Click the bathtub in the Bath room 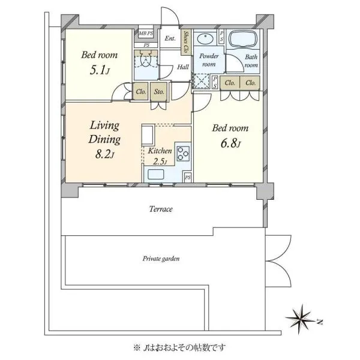point(243,39)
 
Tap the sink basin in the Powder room point(206,38)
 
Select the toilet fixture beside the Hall point(146,59)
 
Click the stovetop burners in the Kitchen point(183,154)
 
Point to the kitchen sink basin point(156,174)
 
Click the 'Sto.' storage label point(159,92)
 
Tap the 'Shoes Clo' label point(186,42)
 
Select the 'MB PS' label point(146,33)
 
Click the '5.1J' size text point(100,70)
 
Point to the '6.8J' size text point(230,143)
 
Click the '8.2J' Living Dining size point(104,154)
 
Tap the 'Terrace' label point(161,209)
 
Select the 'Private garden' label point(161,259)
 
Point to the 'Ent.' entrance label point(170,38)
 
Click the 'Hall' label point(183,67)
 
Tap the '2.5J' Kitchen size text point(160,162)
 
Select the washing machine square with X point(201,81)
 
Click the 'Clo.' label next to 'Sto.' point(141,92)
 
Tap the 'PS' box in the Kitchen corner point(188,178)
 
